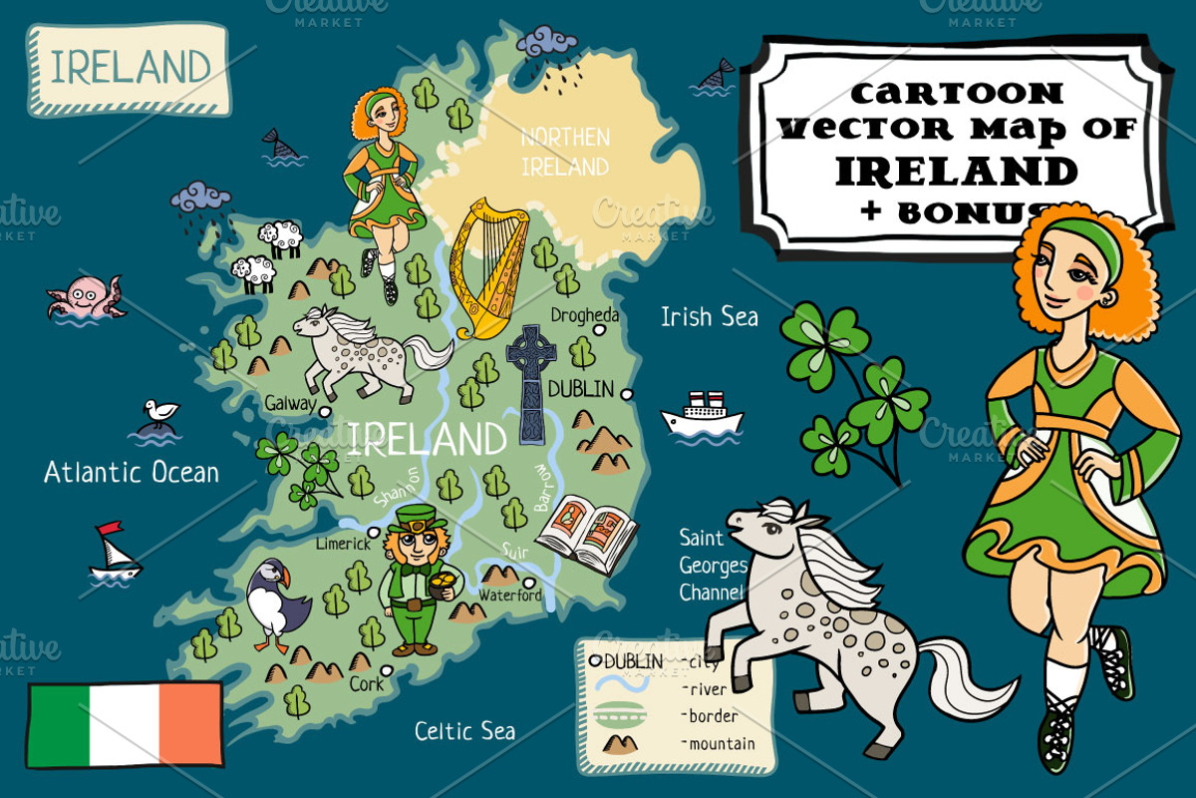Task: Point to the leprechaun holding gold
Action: (417, 579)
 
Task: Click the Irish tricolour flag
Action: (125, 725)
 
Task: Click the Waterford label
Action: (510, 596)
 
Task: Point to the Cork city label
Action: (366, 685)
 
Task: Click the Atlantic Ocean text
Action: (131, 472)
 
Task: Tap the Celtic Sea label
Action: (464, 731)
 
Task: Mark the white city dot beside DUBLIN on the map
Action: (627, 395)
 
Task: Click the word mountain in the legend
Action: (721, 743)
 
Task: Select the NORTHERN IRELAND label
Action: (564, 152)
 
